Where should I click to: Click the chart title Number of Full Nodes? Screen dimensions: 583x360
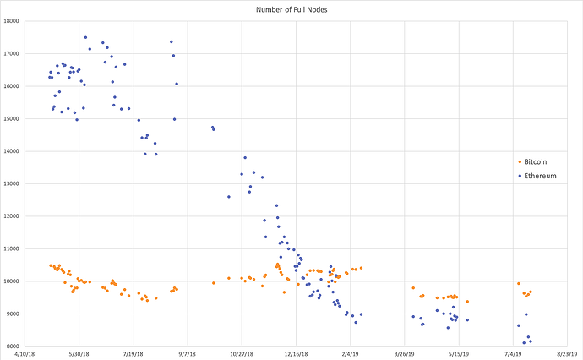tap(291, 9)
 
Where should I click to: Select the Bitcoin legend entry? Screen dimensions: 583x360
tap(532, 161)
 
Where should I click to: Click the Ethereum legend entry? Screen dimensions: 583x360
tap(537, 176)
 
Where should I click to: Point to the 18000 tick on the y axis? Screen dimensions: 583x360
tap(11, 21)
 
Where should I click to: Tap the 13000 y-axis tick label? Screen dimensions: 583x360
tap(11, 183)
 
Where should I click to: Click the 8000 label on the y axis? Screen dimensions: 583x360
tap(13, 346)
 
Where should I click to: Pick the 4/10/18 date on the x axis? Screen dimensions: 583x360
tap(25, 354)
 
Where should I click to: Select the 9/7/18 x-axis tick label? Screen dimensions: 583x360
tap(188, 354)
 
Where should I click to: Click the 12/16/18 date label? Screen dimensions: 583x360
tap(296, 354)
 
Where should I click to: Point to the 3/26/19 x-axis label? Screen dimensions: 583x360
tap(405, 354)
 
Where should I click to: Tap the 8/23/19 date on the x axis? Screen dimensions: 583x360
tap(568, 354)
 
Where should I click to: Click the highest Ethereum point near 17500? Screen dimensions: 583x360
tap(85, 37)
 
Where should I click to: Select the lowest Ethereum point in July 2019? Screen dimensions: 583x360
tap(524, 343)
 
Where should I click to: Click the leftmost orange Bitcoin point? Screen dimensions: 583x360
tap(51, 265)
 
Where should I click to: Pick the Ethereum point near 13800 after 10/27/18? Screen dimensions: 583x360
tap(245, 158)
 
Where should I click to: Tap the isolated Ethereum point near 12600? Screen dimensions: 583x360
tap(229, 197)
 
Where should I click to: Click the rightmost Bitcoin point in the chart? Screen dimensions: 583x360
tap(531, 292)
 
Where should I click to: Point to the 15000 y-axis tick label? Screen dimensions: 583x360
tap(11, 118)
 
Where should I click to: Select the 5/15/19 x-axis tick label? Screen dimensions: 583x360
tap(459, 354)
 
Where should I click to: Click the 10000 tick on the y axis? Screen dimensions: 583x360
tap(11, 281)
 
